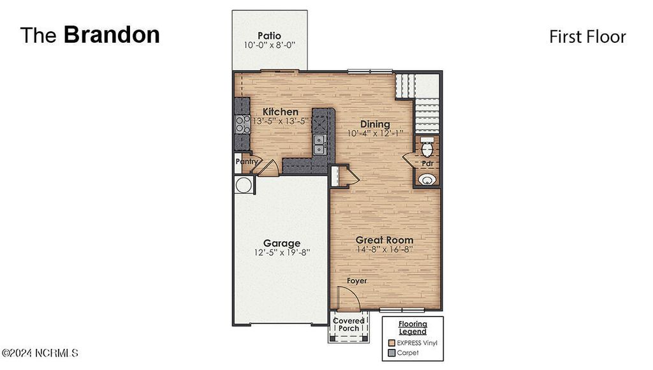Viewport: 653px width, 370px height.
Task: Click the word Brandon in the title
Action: (x=112, y=35)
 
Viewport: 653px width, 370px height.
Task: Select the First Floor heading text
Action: (x=587, y=37)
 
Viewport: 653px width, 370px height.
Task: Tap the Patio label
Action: (x=269, y=35)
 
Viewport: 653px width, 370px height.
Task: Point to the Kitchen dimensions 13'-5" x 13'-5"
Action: (x=280, y=121)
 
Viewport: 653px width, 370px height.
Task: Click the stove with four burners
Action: (x=242, y=124)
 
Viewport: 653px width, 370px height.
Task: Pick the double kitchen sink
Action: (x=320, y=145)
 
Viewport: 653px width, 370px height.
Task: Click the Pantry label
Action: (x=246, y=162)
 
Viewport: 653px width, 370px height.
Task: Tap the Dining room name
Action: (x=375, y=124)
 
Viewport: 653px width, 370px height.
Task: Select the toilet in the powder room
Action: (x=427, y=147)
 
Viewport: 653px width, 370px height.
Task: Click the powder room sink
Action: (x=427, y=179)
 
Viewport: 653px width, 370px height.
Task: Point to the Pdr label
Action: (x=427, y=163)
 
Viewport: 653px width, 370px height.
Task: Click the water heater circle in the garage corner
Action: (x=244, y=185)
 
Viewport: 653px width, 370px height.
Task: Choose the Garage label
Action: (x=282, y=243)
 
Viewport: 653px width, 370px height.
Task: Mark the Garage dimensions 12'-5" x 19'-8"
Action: (x=282, y=253)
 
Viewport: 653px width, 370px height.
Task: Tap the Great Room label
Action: (x=384, y=240)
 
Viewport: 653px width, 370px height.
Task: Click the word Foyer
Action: (x=357, y=281)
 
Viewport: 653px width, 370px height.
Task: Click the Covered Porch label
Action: (x=349, y=324)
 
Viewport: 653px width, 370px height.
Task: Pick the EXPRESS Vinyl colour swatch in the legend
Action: (x=392, y=343)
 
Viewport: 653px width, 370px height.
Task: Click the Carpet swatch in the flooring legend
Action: (x=392, y=352)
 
